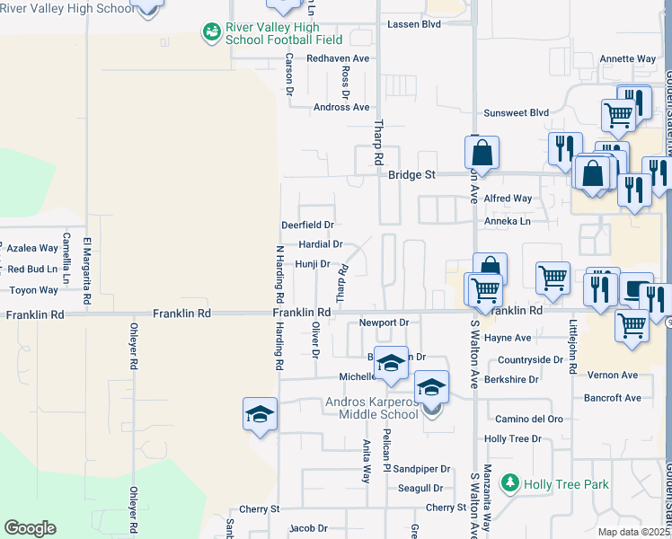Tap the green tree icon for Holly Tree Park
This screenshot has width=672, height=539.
pyautogui.click(x=510, y=484)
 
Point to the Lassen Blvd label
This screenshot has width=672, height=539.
pyautogui.click(x=413, y=24)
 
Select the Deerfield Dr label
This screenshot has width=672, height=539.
pyautogui.click(x=307, y=225)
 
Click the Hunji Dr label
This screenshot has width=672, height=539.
pyautogui.click(x=313, y=264)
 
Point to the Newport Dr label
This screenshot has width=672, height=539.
pyautogui.click(x=384, y=323)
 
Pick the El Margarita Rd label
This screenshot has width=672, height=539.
pyautogui.click(x=88, y=264)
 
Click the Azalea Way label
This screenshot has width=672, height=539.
pyautogui.click(x=32, y=247)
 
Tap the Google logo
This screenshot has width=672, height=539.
pyautogui.click(x=30, y=528)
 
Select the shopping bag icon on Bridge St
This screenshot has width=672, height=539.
pyautogui.click(x=482, y=154)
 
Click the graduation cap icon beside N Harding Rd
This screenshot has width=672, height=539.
pyautogui.click(x=260, y=414)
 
